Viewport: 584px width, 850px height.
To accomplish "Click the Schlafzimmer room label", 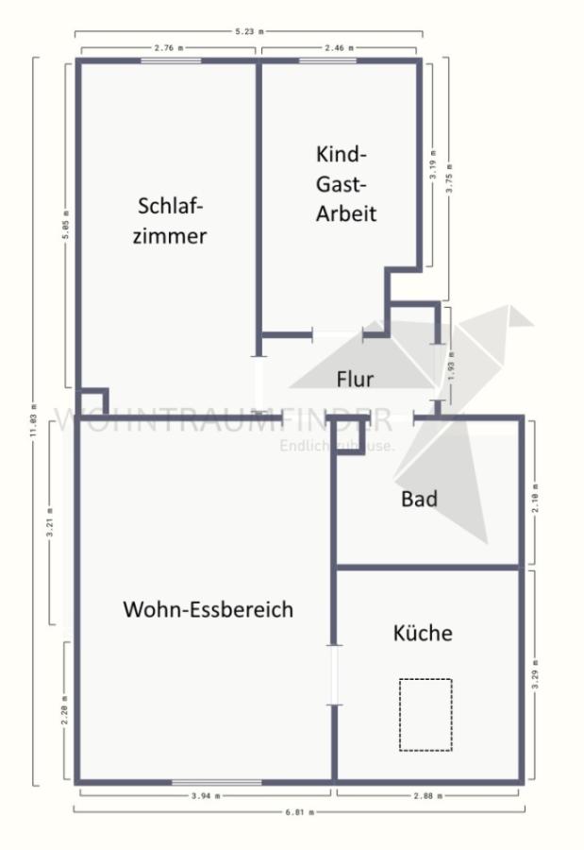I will click(170, 220).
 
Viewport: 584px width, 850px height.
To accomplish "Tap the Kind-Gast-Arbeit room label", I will click(345, 183).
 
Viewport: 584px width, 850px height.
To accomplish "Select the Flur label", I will click(355, 379).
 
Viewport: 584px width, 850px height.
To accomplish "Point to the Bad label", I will click(419, 499).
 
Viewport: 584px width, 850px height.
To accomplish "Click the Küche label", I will click(422, 633).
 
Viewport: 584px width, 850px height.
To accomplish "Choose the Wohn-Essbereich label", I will click(208, 609).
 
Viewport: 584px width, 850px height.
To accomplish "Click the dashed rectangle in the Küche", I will click(425, 714).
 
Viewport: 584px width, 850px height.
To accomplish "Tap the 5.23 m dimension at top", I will click(249, 32).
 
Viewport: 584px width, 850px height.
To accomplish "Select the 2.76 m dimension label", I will click(169, 46).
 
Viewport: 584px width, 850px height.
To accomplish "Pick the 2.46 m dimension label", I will click(341, 46).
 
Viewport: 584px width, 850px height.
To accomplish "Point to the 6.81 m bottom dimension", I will click(300, 811).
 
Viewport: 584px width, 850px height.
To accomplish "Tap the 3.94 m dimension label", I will click(205, 796).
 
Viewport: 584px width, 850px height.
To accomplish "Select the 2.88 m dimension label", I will click(427, 796).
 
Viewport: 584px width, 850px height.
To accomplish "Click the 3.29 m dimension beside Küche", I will click(536, 675).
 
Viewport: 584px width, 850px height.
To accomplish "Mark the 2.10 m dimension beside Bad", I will click(536, 491).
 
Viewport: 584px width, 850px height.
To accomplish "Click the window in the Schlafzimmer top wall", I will click(171, 61).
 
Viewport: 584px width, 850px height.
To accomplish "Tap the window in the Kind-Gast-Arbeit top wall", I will click(327, 61).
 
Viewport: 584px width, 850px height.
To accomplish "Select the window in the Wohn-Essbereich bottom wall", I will click(216, 781).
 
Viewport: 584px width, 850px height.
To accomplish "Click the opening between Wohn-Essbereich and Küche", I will click(333, 674).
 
